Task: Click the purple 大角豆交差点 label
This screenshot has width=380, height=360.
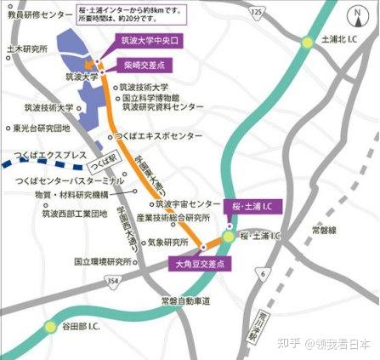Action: pyautogui.click(x=202, y=265)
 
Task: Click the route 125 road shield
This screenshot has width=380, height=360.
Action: pyautogui.click(x=256, y=11)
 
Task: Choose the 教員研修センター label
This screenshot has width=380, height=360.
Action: pyautogui.click(x=37, y=14)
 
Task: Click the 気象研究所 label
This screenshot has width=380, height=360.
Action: pyautogui.click(x=167, y=242)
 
